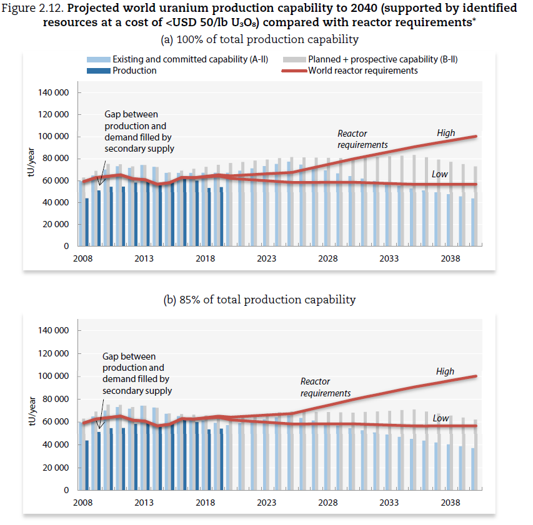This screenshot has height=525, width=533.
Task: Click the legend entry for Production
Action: click(x=134, y=71)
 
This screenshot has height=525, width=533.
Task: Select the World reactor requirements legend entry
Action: click(x=362, y=71)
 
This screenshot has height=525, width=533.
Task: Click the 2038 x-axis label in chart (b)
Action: click(x=451, y=503)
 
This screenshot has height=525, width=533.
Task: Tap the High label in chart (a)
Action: click(x=446, y=133)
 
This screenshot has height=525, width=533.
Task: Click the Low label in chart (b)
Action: click(x=441, y=418)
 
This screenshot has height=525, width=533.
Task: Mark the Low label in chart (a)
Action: click(x=440, y=174)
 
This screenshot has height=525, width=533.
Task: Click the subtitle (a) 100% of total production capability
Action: click(x=260, y=39)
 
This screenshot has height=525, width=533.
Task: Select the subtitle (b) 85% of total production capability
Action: click(x=259, y=300)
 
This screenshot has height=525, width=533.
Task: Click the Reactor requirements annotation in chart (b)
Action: click(x=325, y=387)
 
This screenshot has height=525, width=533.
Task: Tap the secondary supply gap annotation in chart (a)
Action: click(x=139, y=132)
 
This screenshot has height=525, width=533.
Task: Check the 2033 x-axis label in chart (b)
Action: click(x=389, y=503)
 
